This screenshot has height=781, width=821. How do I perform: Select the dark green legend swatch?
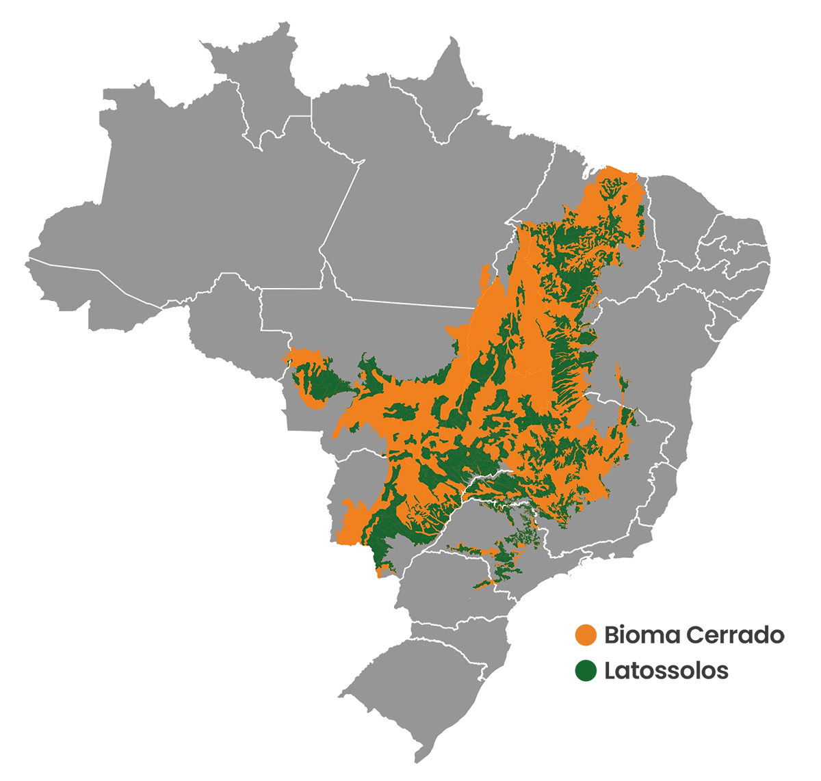570,704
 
